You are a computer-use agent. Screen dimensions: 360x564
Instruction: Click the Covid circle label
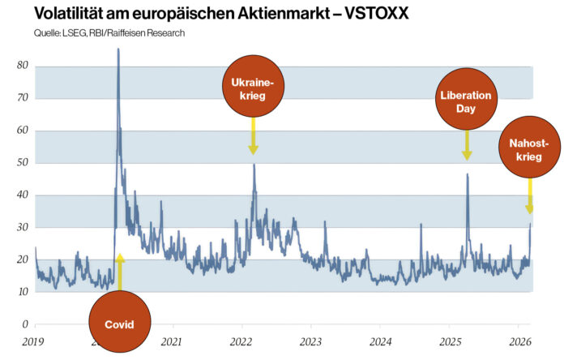(119, 324)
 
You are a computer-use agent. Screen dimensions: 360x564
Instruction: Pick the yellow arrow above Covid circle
(120, 272)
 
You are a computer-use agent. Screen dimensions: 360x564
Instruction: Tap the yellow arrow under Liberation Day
(467, 146)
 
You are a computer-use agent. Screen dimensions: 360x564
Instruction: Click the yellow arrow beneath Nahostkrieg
(530, 196)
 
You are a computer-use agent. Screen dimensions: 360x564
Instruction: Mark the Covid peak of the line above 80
(118, 50)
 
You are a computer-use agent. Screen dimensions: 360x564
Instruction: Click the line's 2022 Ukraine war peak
(254, 165)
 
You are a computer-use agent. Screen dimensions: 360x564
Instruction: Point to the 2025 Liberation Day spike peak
(467, 174)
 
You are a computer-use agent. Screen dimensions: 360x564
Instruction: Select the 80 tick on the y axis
(23, 66)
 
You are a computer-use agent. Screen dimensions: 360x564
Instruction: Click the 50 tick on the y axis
(23, 163)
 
